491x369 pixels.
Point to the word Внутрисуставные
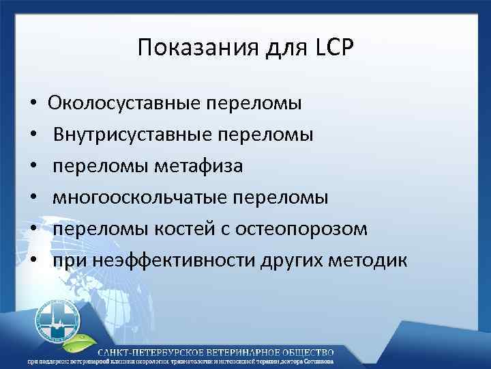[131, 135]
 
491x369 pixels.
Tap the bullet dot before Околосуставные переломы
[33, 105]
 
